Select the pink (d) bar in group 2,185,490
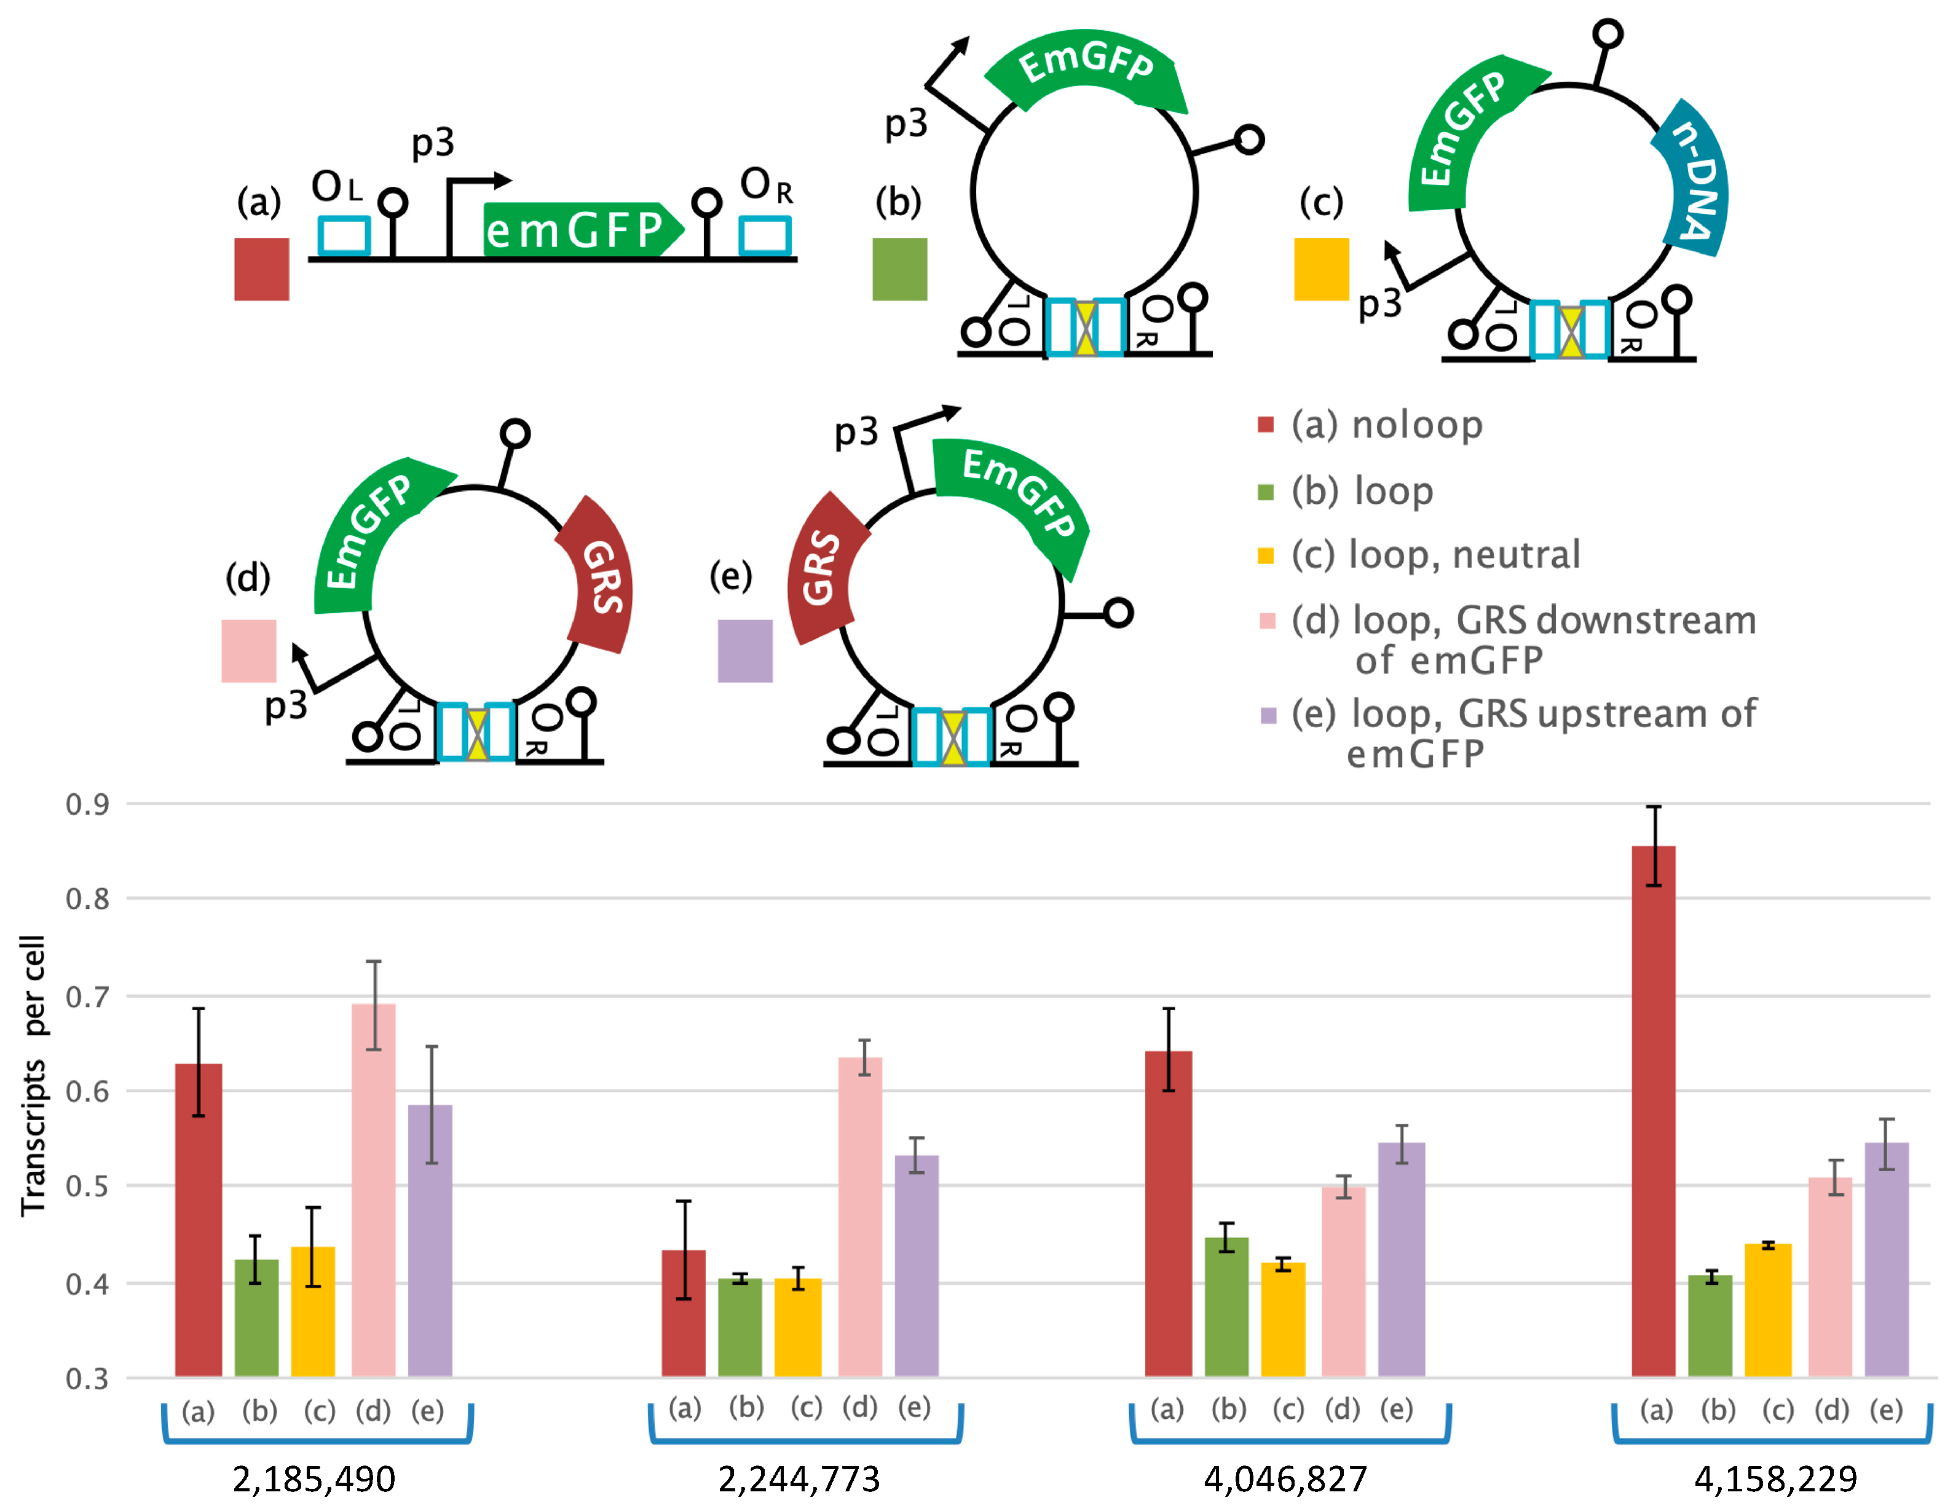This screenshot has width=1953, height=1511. pyautogui.click(x=373, y=1189)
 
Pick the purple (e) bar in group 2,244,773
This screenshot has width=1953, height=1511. pyautogui.click(x=917, y=1265)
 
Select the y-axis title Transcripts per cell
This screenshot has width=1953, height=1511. pyautogui.click(x=33, y=1075)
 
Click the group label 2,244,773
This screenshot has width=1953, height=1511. pyautogui.click(x=799, y=1480)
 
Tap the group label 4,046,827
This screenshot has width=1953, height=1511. pyautogui.click(x=1285, y=1480)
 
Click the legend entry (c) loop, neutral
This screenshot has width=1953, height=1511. pyautogui.click(x=1435, y=554)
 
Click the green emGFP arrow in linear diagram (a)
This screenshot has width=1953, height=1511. pyautogui.click(x=577, y=230)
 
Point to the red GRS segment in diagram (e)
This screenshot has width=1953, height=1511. pyautogui.click(x=821, y=568)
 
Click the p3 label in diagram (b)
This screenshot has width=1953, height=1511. pyautogui.click(x=906, y=124)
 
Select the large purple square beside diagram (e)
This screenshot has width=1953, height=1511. pyautogui.click(x=745, y=651)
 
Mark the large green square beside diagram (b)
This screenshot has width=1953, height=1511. pyautogui.click(x=899, y=269)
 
